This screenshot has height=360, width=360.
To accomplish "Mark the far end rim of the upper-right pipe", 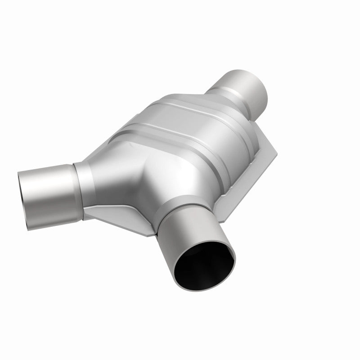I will coord(261,88).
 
